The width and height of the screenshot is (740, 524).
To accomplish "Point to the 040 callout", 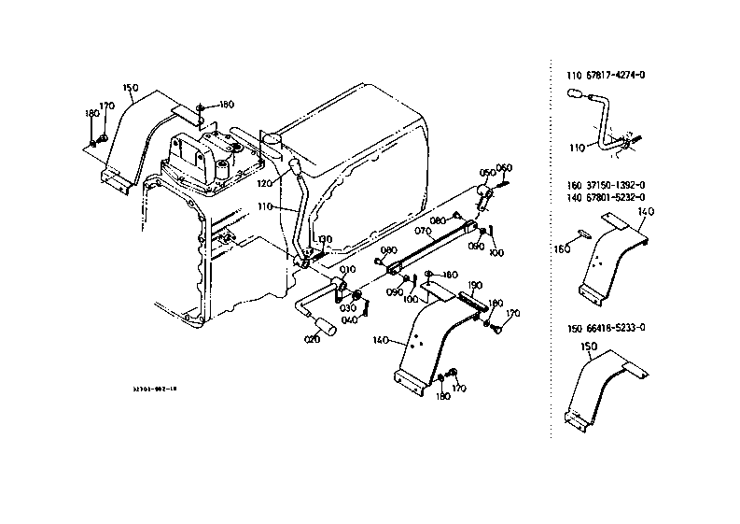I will pos(351,320).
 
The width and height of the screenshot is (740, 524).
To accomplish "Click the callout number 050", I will pos(486,173).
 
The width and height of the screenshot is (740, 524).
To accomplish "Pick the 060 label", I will pos(504,168).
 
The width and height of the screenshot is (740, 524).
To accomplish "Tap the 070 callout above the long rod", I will pos(422,230).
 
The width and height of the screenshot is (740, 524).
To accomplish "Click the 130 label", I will pos(324,240).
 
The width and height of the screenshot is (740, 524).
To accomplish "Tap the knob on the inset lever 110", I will pos(576,94).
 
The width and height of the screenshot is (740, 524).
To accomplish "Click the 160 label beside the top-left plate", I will pos(226,105).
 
